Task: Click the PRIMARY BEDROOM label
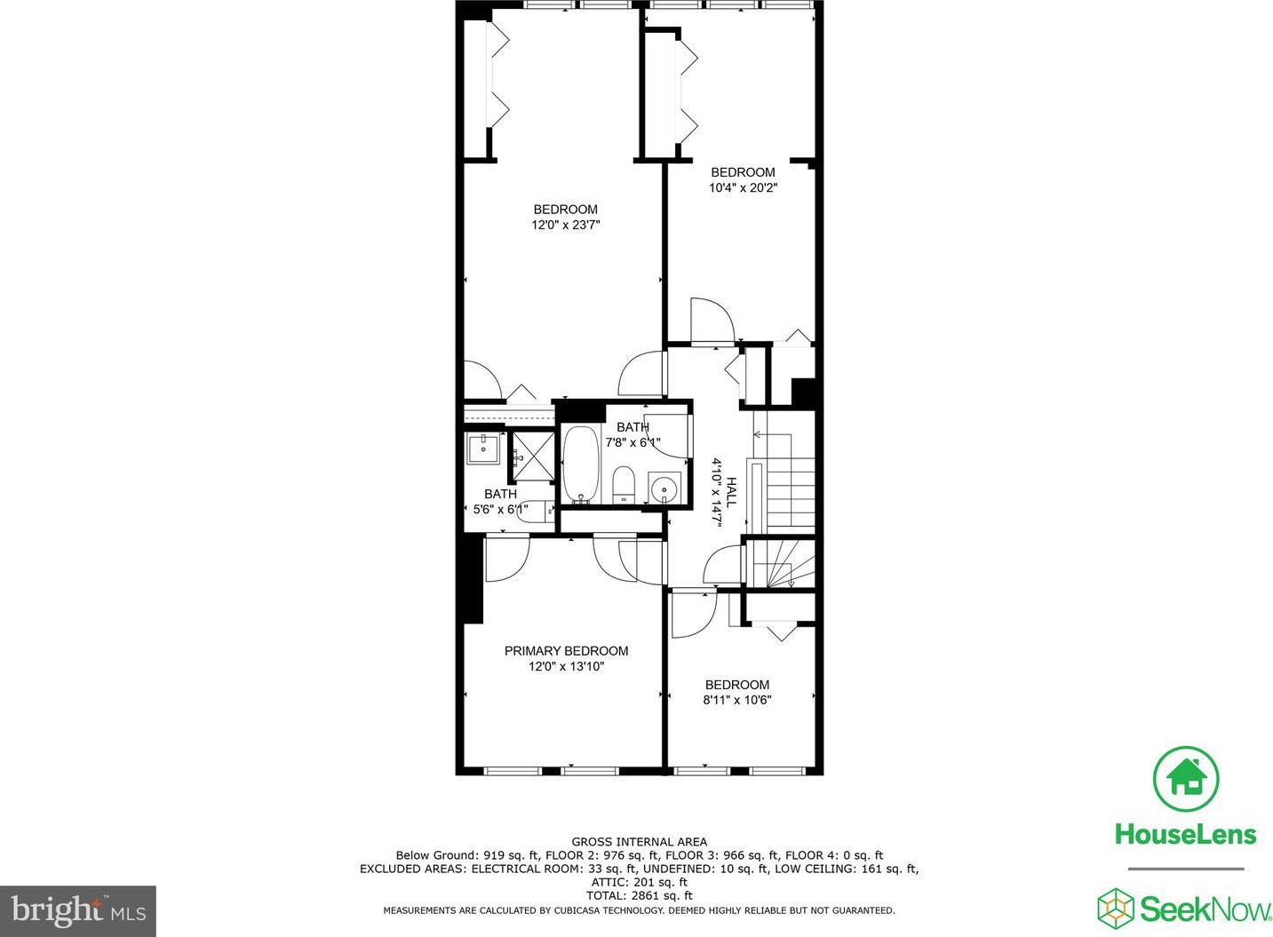pos(566,651)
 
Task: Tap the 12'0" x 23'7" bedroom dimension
pos(566,225)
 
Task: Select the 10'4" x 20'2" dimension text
pos(743,187)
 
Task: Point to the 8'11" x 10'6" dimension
pos(737,700)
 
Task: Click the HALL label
pos(731,492)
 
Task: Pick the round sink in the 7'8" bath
pos(664,488)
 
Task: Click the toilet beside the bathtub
pos(624,485)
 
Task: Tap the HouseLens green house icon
pos(1186,779)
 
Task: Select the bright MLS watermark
pos(78,911)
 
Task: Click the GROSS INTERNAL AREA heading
pos(640,842)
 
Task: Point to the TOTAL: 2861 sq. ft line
pos(640,896)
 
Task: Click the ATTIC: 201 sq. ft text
pos(640,883)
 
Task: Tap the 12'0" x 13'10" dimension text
pos(566,666)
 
